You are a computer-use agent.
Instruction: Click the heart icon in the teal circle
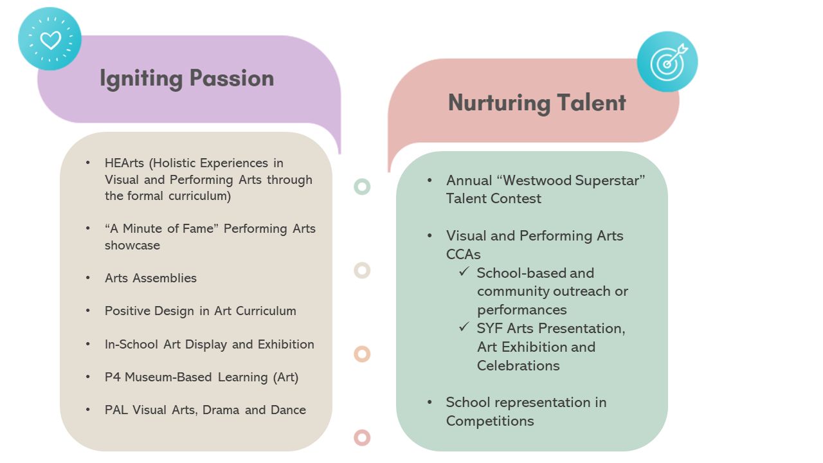[50, 40]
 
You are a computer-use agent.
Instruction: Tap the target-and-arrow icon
[669, 62]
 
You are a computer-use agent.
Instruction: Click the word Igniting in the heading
[141, 79]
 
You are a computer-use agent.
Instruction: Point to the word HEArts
[124, 163]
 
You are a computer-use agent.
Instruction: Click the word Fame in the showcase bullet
[199, 228]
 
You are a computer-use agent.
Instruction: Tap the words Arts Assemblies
[150, 278]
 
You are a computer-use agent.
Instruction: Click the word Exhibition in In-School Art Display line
[286, 344]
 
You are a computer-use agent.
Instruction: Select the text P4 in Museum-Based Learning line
[113, 377]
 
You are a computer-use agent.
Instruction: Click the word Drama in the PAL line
[221, 410]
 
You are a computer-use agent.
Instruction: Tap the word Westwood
[537, 181]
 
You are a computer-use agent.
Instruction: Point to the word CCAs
[463, 254]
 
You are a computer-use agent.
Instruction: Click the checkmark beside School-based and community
[464, 272]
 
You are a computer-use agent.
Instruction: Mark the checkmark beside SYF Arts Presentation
[464, 327]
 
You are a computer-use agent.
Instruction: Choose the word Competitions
[490, 421]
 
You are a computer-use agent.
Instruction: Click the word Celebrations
[518, 366]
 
